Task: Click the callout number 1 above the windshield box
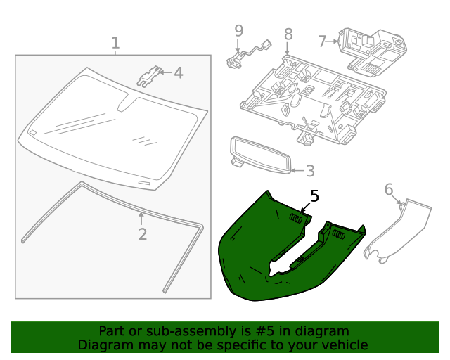115,44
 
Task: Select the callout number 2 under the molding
142,234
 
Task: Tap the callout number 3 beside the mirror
309,171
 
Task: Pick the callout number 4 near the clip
178,72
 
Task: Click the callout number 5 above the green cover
314,196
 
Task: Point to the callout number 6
389,189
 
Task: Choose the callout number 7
323,41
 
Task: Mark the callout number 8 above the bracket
288,34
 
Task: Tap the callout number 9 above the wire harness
238,30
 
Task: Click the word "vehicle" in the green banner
342,345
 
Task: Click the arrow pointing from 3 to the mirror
297,170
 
